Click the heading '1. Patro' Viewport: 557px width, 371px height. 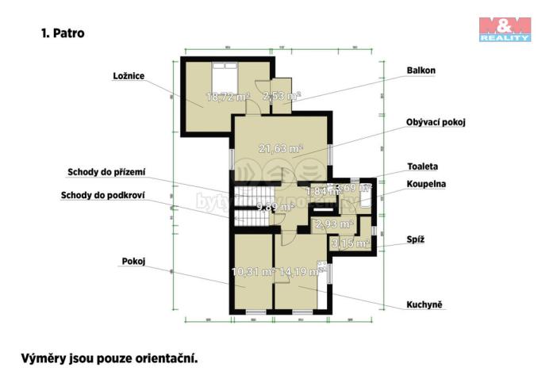[x=62, y=33]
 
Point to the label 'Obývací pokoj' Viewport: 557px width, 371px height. [x=436, y=122]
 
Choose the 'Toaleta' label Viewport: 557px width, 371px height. [x=422, y=166]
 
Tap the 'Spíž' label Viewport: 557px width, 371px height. [x=416, y=239]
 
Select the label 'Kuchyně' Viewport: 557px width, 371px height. [x=426, y=304]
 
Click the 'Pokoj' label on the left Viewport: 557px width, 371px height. [x=133, y=260]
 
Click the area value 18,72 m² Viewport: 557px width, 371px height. [x=228, y=97]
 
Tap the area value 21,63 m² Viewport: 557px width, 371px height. [x=281, y=147]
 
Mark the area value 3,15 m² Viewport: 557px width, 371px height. [x=349, y=243]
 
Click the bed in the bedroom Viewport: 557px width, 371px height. [x=220, y=77]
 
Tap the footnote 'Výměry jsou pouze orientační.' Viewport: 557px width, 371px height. [x=108, y=358]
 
